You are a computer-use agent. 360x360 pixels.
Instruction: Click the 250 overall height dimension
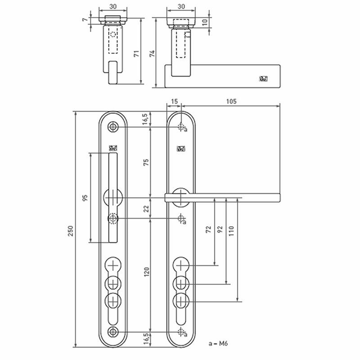(x=70, y=231)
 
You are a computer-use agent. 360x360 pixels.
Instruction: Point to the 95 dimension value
(x=85, y=198)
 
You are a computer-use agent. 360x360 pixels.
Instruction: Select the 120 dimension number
(x=146, y=272)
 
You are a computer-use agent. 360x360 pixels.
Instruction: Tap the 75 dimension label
(x=146, y=162)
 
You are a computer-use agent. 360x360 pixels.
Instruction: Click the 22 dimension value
(x=146, y=209)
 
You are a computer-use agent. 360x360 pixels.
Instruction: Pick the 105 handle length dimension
(x=231, y=101)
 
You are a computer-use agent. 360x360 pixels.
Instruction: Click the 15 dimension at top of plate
(x=174, y=101)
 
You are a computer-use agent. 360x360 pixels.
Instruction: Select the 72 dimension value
(x=208, y=229)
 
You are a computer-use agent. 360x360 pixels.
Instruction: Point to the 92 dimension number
(x=220, y=229)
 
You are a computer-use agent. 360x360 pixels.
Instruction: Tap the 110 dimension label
(x=231, y=231)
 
